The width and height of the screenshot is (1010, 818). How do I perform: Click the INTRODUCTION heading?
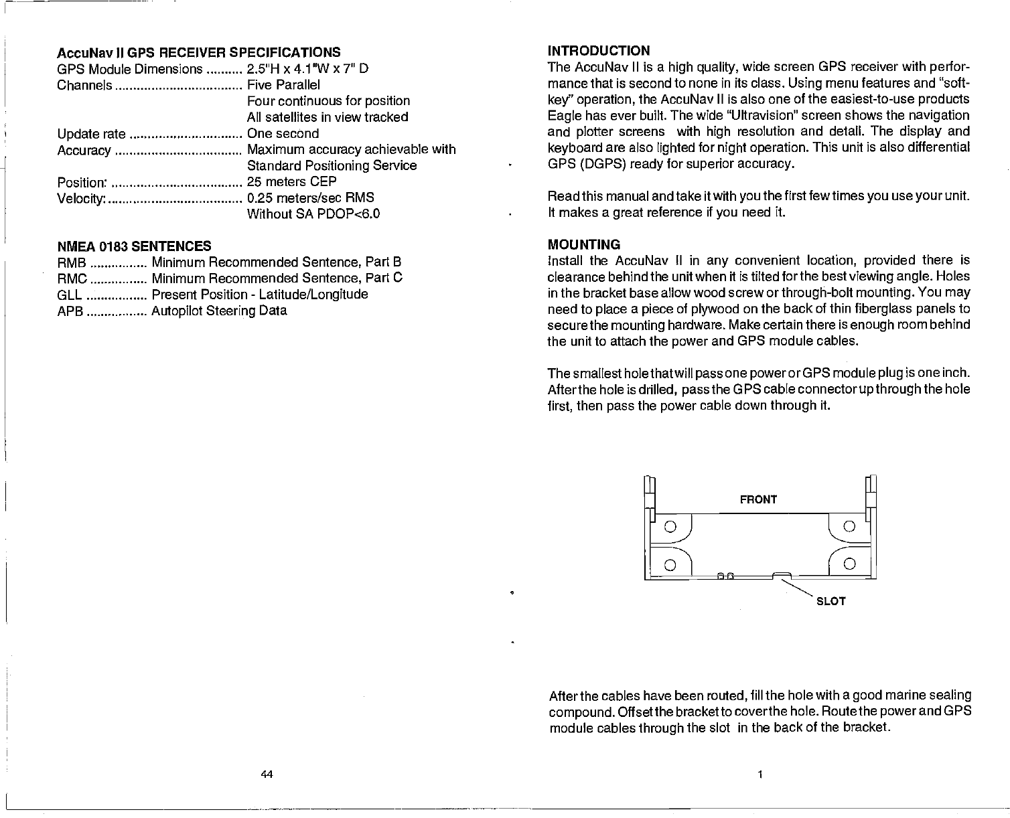(x=599, y=51)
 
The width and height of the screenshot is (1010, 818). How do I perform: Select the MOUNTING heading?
(x=583, y=244)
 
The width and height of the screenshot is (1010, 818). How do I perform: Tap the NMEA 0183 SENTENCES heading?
(x=134, y=246)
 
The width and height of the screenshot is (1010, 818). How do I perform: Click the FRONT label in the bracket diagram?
(x=758, y=499)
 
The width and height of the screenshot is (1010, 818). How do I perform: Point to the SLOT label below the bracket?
(x=831, y=602)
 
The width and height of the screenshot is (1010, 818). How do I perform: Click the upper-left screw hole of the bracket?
(x=669, y=526)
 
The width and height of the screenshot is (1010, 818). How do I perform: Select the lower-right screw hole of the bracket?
(x=849, y=562)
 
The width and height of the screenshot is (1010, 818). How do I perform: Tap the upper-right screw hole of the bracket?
(x=849, y=526)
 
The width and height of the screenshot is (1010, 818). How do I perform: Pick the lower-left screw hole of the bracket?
(x=669, y=562)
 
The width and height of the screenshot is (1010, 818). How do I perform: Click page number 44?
(x=267, y=774)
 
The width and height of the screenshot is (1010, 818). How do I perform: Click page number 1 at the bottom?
(x=760, y=774)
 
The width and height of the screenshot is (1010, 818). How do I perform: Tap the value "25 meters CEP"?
(x=291, y=181)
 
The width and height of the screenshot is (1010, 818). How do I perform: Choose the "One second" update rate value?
(x=283, y=133)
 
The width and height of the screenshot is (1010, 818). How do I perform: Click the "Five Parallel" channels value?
(x=283, y=84)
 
